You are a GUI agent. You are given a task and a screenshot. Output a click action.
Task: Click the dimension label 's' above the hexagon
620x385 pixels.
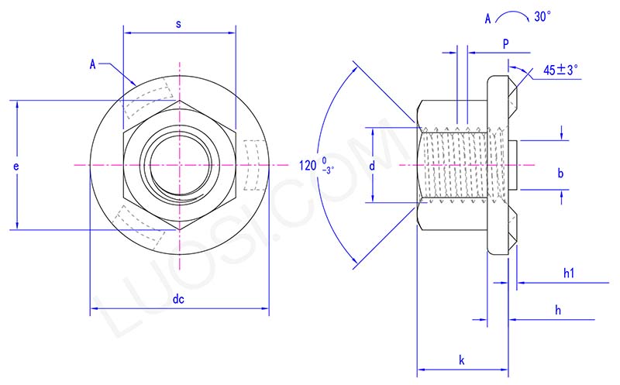click(x=179, y=24)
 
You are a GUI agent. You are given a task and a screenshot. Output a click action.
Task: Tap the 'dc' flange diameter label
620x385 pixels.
click(x=179, y=299)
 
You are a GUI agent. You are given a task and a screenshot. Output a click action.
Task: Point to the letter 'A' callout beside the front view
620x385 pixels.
click(x=92, y=64)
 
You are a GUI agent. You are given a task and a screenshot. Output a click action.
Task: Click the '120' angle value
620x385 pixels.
click(x=308, y=164)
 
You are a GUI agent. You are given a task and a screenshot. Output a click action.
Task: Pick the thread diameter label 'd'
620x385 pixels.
click(x=373, y=165)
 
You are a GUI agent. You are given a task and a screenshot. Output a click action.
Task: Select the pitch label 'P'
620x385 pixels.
click(x=505, y=44)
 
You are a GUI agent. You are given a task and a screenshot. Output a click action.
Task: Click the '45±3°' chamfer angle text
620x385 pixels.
click(x=561, y=70)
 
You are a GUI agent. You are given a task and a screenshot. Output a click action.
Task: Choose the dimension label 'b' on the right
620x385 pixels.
click(x=560, y=174)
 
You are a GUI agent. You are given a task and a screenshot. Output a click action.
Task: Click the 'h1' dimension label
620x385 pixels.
click(x=568, y=273)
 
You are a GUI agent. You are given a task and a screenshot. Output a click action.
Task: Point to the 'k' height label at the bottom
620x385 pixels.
click(x=462, y=359)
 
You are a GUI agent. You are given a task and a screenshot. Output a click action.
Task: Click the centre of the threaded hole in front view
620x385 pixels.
click(x=179, y=164)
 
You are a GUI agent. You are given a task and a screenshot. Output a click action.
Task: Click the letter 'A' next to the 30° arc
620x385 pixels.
click(x=487, y=17)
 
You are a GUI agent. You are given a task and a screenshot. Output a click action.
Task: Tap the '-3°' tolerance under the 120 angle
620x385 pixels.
click(x=329, y=170)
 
